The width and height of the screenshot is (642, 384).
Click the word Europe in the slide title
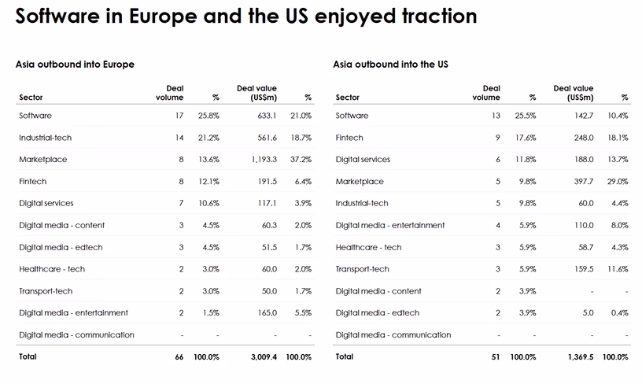[x=163, y=17]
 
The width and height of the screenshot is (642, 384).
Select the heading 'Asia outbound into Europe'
[x=75, y=65]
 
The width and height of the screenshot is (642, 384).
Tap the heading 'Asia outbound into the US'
[x=390, y=65]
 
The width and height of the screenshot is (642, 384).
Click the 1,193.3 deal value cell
[x=264, y=159]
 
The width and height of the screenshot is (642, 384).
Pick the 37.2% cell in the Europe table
[x=301, y=159]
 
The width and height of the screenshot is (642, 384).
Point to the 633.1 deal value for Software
[x=267, y=116]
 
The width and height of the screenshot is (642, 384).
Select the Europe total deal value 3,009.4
[x=264, y=357]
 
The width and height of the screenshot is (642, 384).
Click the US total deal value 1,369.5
[x=581, y=357]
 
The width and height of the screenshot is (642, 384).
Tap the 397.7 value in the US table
[x=584, y=181]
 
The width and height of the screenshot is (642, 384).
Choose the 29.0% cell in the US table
[x=618, y=181]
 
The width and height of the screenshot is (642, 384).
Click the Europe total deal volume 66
[x=179, y=357]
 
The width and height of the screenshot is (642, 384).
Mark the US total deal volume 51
[x=496, y=357]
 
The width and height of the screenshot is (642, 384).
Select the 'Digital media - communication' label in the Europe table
[x=76, y=335]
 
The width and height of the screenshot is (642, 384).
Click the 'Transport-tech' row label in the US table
[x=363, y=269]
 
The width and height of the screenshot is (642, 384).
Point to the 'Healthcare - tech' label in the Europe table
[x=52, y=269]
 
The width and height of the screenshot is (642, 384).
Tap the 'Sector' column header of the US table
[x=347, y=98]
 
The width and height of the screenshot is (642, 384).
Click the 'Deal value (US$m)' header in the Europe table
[x=256, y=93]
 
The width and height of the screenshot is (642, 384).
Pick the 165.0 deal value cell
[x=267, y=312]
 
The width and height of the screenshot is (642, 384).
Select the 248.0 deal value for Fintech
[x=584, y=138]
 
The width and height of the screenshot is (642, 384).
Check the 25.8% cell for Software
[x=208, y=116]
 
